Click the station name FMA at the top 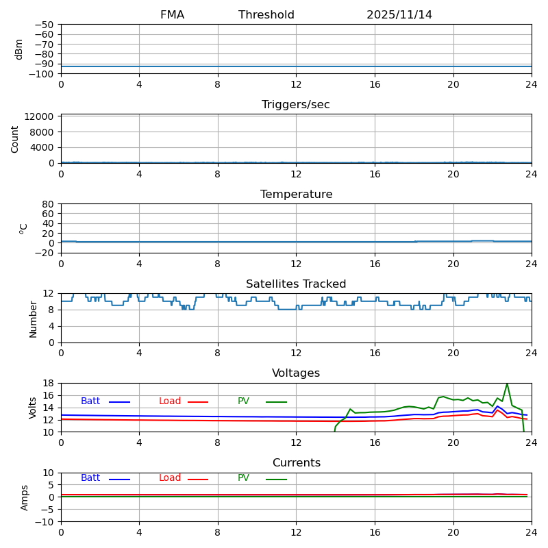172,15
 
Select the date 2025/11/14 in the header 399,15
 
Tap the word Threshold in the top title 266,15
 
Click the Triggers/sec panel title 296,105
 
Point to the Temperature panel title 296,195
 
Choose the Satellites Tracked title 296,284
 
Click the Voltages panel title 296,373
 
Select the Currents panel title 296,463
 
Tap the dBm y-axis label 19,49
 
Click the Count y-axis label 15,138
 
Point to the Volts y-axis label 33,408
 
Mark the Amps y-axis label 25,497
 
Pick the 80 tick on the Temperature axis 48,204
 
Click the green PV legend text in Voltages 243,401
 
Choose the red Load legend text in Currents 170,478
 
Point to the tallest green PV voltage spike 507,384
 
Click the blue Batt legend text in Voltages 90,401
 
